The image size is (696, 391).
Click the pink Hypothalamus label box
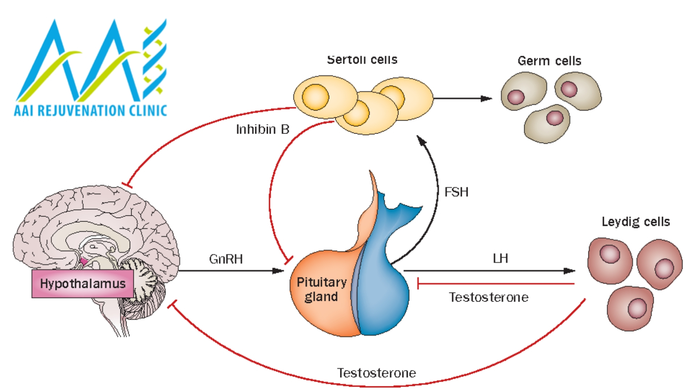click(x=83, y=283)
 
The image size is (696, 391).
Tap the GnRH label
click(x=226, y=259)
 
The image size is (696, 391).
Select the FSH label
click(x=456, y=192)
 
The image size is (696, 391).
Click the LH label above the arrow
click(x=500, y=258)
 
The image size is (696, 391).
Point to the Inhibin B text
click(x=262, y=129)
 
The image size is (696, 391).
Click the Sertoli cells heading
click(x=362, y=60)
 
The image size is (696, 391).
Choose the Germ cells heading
click(x=549, y=61)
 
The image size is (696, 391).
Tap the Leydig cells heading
click(x=635, y=222)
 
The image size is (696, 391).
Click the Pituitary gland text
click(x=321, y=289)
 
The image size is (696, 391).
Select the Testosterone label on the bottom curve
click(x=376, y=373)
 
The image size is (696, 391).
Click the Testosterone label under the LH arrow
click(x=489, y=297)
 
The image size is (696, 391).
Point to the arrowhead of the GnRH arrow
click(x=279, y=271)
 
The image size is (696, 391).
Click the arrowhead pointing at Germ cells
click(x=487, y=98)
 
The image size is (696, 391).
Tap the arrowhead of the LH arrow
click(x=570, y=271)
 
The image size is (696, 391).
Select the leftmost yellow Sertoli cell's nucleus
click(x=315, y=97)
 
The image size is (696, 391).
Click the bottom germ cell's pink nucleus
click(x=555, y=118)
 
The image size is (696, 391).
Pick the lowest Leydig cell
click(x=630, y=308)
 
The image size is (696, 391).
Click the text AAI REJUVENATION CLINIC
click(x=90, y=110)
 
